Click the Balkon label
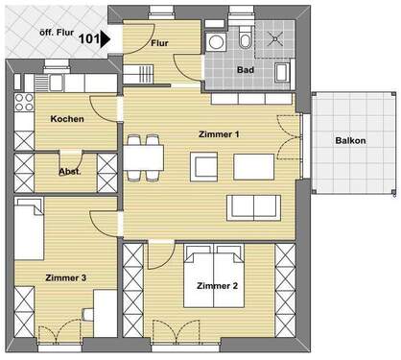click(349, 140)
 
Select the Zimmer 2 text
click(217, 286)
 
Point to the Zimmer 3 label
click(67, 277)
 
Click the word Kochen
click(66, 119)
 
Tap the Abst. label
click(70, 173)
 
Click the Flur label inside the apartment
click(161, 44)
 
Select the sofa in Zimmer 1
click(252, 204)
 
